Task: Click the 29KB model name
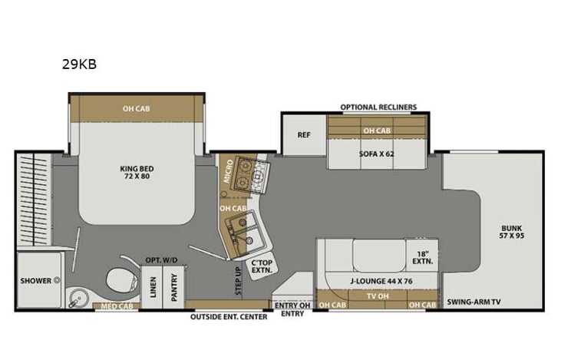79,65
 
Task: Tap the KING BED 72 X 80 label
136,172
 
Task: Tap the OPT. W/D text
161,260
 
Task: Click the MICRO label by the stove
228,173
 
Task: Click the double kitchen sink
246,230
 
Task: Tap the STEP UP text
238,276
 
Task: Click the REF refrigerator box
304,135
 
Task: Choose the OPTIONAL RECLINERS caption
378,107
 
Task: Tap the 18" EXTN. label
422,258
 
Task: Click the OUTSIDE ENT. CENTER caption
229,316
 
